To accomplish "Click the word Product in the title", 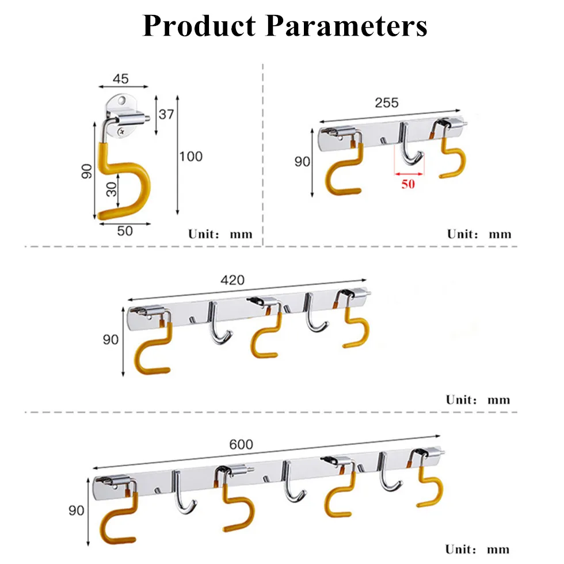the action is pyautogui.click(x=200, y=26).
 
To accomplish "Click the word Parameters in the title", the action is pyautogui.click(x=346, y=26).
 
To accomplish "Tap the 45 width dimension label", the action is pyautogui.click(x=120, y=79).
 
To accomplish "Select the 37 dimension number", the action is pyautogui.click(x=166, y=115).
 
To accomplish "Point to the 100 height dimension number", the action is pyautogui.click(x=191, y=157).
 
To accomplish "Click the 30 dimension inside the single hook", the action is pyautogui.click(x=112, y=189).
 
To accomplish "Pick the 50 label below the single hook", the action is pyautogui.click(x=125, y=231).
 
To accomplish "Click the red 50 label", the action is pyautogui.click(x=408, y=184).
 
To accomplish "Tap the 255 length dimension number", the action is pyautogui.click(x=387, y=103).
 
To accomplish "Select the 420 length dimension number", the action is pyautogui.click(x=233, y=280).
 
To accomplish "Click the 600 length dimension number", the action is pyautogui.click(x=241, y=444).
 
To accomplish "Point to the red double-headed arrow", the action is pyautogui.click(x=409, y=174).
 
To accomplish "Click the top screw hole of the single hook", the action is pyautogui.click(x=123, y=100).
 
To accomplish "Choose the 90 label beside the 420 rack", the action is pyautogui.click(x=110, y=340).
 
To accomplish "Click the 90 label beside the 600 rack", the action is pyautogui.click(x=76, y=510).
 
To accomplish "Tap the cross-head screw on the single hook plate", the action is pyautogui.click(x=121, y=132).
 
